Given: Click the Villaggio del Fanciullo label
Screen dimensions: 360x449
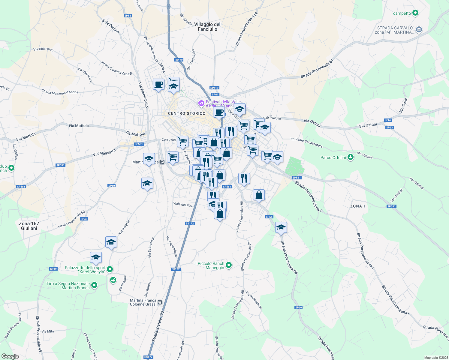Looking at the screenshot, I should [207, 27].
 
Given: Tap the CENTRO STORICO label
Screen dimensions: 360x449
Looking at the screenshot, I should [187, 113].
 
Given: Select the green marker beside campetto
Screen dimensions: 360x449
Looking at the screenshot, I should [415, 13].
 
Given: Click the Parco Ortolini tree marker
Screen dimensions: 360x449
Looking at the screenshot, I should [350, 157].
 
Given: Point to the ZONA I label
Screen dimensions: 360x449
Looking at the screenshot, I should [357, 206].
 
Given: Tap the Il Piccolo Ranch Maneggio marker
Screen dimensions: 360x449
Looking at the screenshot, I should [229, 265].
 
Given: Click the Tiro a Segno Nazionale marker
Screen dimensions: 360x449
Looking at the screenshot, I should [94, 285].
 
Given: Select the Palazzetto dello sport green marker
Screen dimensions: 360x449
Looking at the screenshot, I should [110, 269].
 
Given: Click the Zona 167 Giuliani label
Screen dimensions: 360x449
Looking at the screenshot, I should [29, 226].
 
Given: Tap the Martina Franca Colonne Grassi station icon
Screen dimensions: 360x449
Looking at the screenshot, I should [160, 302].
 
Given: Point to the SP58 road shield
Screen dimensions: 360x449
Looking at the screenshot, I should [128, 16].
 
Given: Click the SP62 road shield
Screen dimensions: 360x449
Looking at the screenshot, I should [388, 120].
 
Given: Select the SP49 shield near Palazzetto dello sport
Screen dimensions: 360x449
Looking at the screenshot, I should [53, 269].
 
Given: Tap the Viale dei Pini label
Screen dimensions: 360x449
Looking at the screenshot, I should [182, 205].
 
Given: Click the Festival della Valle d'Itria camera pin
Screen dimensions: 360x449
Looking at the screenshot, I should [201, 103].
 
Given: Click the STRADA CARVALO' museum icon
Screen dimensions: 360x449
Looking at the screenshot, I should [419, 30].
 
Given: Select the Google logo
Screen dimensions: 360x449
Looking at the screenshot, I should [10, 356].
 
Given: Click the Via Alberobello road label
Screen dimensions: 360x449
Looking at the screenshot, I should [143, 95].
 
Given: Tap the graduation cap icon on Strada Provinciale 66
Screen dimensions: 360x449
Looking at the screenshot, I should [281, 227].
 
